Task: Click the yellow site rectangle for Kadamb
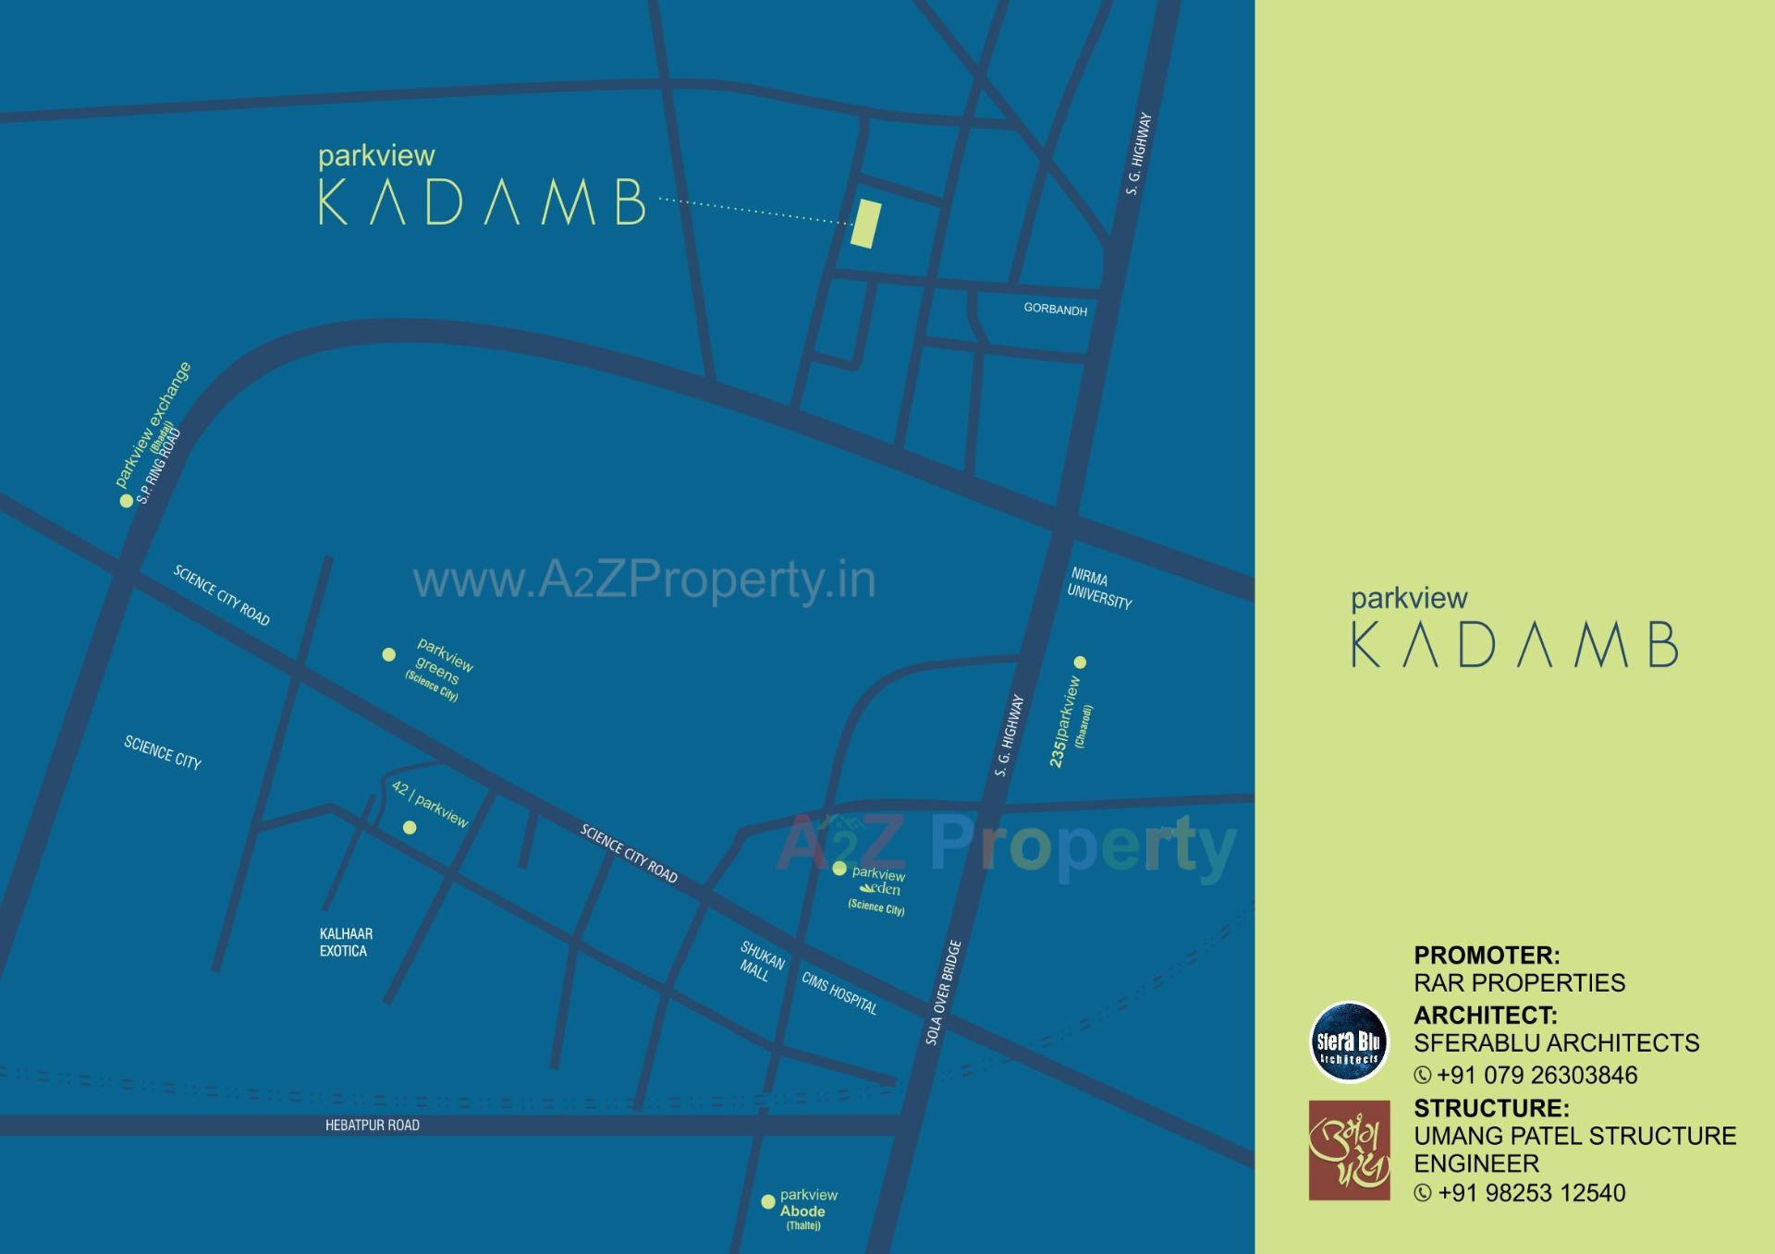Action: tap(865, 224)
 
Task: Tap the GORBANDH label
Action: tap(1055, 309)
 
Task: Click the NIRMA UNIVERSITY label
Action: tap(1098, 590)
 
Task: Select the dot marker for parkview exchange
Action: tap(126, 501)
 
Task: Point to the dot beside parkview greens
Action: tap(389, 654)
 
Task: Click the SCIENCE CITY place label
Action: tap(163, 752)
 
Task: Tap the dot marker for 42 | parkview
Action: tap(410, 827)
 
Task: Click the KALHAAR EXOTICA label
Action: tap(346, 943)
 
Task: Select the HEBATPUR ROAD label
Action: tap(372, 1125)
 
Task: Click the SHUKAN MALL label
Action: tap(760, 962)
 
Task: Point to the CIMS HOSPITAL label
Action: tap(839, 993)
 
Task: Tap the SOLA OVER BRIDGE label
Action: tap(944, 992)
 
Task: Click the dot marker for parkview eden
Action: tap(839, 869)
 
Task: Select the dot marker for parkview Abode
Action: tap(767, 1202)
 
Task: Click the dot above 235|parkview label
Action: tap(1079, 662)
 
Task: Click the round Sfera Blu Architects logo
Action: tap(1349, 1042)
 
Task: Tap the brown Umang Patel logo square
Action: tap(1349, 1150)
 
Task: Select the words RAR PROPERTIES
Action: tap(1519, 982)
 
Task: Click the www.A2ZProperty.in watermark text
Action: tap(644, 581)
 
